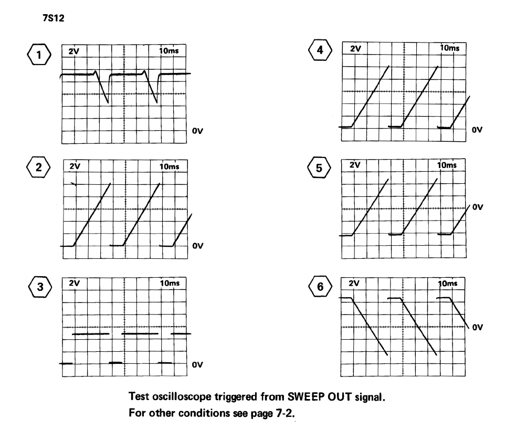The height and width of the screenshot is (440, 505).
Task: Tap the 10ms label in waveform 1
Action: click(170, 51)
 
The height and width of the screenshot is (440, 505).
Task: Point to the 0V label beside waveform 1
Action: click(197, 132)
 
